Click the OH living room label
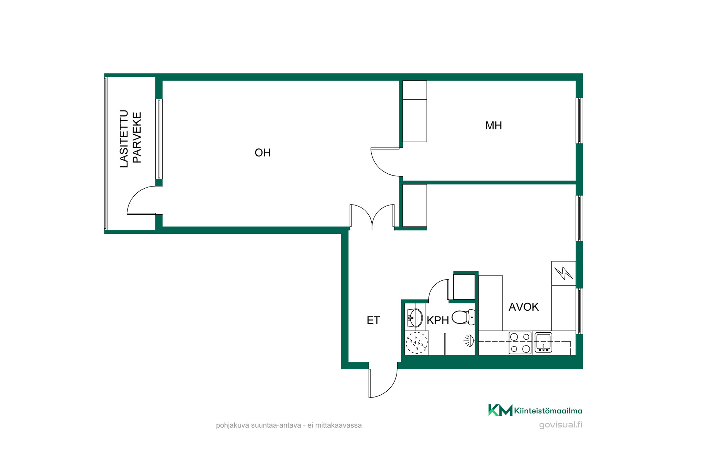[263, 153]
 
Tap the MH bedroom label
[494, 126]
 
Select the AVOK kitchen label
[524, 307]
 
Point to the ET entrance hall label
[373, 321]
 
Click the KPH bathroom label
[438, 321]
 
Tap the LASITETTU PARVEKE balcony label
[130, 139]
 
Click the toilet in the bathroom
[463, 317]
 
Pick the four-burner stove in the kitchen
[520, 343]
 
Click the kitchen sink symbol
[543, 343]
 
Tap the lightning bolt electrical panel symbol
[563, 273]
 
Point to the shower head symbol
[469, 341]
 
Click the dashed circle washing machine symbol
[417, 343]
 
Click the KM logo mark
[500, 410]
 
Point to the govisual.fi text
[561, 425]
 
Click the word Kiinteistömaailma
[548, 411]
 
